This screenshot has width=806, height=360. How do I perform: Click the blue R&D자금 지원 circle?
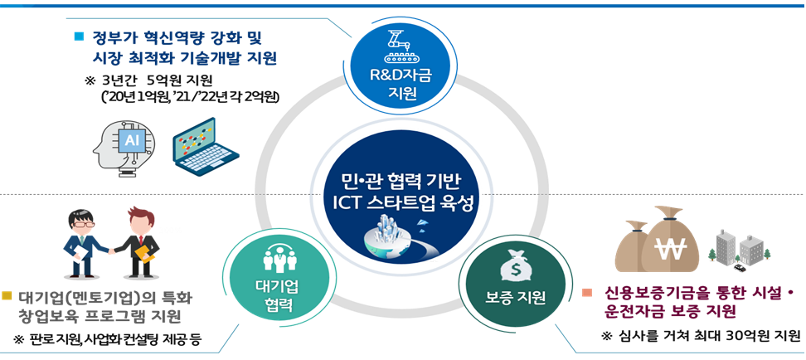click(x=401, y=69)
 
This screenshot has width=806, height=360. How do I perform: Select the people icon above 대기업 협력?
click(x=274, y=260)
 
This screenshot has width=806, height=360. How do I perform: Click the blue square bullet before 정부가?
click(x=80, y=36)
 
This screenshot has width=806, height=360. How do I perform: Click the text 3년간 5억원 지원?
click(x=154, y=80)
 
